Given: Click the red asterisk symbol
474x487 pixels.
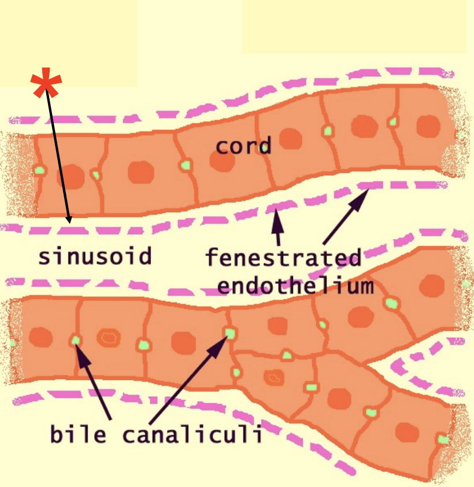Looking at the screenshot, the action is [46, 84].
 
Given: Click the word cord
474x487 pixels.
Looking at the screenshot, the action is [243, 146].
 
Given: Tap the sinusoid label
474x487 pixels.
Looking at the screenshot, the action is [95, 256].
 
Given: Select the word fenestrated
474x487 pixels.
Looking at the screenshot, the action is [283, 257].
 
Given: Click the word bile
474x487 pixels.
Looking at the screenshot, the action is [79, 433].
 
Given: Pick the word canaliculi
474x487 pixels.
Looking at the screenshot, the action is [191, 433].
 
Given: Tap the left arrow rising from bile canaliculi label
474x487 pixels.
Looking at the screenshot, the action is [95, 382].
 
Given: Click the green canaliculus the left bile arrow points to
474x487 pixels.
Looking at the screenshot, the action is [75, 340].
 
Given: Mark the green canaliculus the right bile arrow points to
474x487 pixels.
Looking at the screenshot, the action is [230, 333].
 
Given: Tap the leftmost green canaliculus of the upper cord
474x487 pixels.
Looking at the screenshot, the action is [39, 170].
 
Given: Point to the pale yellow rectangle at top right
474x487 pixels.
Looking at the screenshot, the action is [354, 26].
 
